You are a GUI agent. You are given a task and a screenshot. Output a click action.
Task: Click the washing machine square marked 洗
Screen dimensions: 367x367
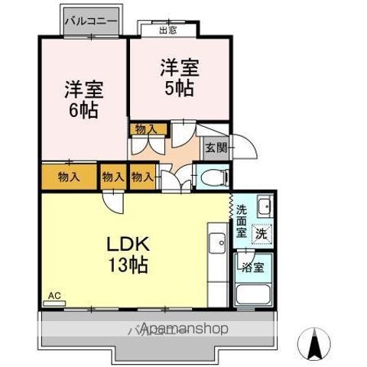point(261,233)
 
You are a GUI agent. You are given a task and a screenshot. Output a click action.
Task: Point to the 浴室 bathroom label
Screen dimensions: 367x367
point(252,268)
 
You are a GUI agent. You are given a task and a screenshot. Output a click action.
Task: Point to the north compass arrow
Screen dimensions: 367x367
point(313,342)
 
